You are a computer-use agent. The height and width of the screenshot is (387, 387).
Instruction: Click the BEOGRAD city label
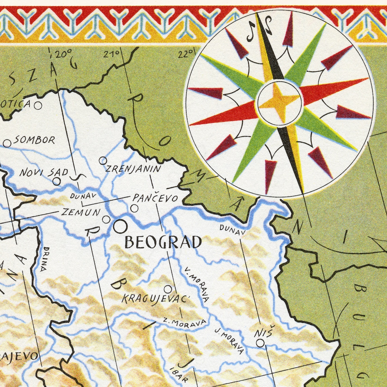click(163, 242)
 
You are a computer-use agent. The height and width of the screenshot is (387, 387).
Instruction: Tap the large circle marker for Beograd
click(120, 226)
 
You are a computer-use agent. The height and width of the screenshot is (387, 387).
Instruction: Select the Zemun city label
click(81, 213)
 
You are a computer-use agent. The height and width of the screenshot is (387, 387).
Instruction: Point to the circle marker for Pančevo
click(135, 208)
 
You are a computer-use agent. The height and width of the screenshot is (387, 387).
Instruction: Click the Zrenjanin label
click(133, 168)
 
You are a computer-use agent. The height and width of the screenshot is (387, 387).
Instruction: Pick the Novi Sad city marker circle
click(57, 181)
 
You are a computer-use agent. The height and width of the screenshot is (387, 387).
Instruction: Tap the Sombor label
click(34, 140)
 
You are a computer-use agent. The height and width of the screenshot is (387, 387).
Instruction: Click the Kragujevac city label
click(154, 299)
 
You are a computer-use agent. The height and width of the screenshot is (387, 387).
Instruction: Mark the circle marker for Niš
click(260, 343)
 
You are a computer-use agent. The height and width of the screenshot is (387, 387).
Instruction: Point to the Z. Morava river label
click(184, 322)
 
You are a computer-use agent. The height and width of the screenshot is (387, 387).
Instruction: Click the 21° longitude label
click(112, 54)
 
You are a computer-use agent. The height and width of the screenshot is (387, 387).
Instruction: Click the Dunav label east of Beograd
click(232, 230)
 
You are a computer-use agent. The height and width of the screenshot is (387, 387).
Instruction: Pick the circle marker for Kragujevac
click(168, 289)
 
